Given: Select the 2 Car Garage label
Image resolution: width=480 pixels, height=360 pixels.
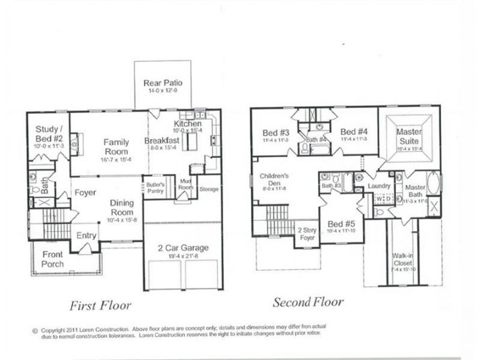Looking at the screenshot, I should click(x=182, y=248).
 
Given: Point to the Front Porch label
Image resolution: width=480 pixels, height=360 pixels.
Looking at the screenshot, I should click(x=54, y=259).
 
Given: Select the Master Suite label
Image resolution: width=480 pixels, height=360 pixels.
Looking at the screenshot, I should click(x=409, y=137).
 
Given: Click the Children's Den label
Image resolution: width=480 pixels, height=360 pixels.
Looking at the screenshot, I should click(x=274, y=180).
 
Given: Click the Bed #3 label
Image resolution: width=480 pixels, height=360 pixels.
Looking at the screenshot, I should click(x=276, y=132).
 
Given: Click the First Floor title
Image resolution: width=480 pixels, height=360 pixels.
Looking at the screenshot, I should click(x=99, y=306).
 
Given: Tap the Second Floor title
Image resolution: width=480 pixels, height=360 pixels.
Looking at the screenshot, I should click(x=308, y=302).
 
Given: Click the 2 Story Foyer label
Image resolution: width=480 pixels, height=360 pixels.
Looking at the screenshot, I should click(x=307, y=233).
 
